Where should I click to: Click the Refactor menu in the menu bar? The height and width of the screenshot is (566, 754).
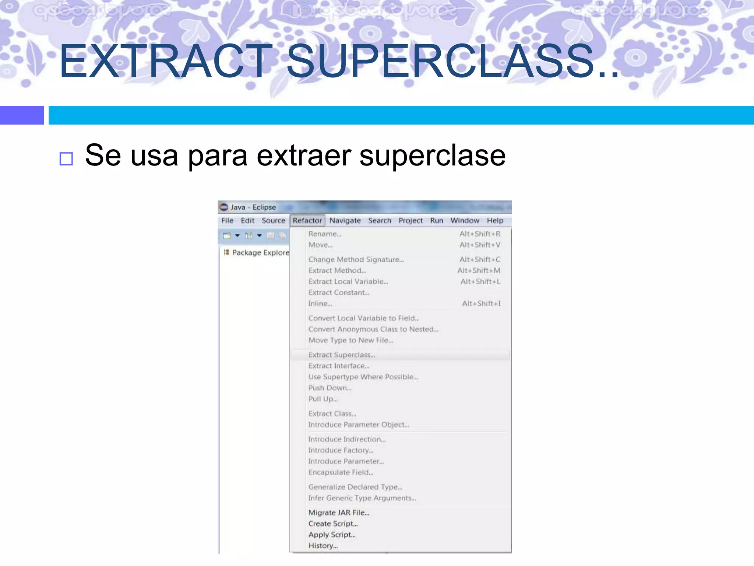[x=307, y=220]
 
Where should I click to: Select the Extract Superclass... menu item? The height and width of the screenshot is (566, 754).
[x=341, y=355]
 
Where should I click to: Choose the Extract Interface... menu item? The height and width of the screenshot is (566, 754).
[x=338, y=366]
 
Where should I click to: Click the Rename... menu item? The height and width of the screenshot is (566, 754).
[x=325, y=234]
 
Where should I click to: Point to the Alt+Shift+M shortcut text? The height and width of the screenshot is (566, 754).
[x=479, y=270]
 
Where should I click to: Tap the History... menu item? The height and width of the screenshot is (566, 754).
[x=323, y=546]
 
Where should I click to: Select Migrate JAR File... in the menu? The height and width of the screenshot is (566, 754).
[x=338, y=513]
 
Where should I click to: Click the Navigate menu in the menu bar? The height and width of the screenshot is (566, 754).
[x=345, y=220]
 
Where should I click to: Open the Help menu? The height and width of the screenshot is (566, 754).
[x=495, y=220]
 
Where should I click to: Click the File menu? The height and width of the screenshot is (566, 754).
[x=227, y=220]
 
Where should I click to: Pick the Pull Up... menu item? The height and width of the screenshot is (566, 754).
[x=323, y=399]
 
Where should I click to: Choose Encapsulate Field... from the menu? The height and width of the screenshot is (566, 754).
[x=341, y=472]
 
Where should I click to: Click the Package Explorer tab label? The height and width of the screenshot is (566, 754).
[x=260, y=252]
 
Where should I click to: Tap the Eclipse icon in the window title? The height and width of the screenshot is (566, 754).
[x=224, y=207]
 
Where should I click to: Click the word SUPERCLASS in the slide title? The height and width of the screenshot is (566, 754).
[x=440, y=61]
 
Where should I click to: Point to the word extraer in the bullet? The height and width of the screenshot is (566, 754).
[x=304, y=156]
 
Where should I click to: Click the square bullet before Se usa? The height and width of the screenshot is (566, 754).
[x=66, y=159]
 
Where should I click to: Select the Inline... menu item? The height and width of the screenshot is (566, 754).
[x=320, y=304]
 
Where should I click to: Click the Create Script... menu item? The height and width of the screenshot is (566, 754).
[x=333, y=524]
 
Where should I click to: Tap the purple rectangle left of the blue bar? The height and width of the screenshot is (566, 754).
[x=22, y=115]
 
